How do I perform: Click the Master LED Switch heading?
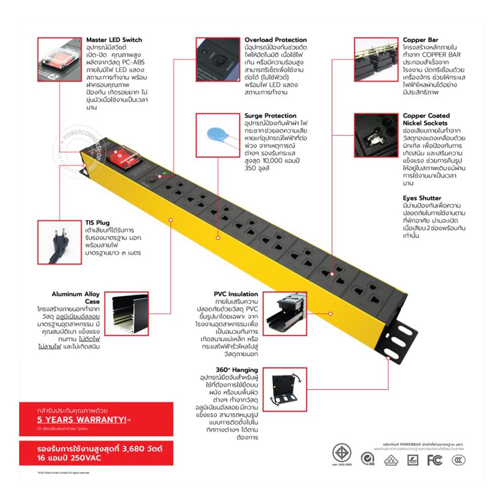114,40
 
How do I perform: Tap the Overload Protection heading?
276,40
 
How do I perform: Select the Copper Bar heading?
420,40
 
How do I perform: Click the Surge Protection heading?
271,115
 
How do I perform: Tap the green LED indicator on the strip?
164,175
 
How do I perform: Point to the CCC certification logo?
458,460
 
